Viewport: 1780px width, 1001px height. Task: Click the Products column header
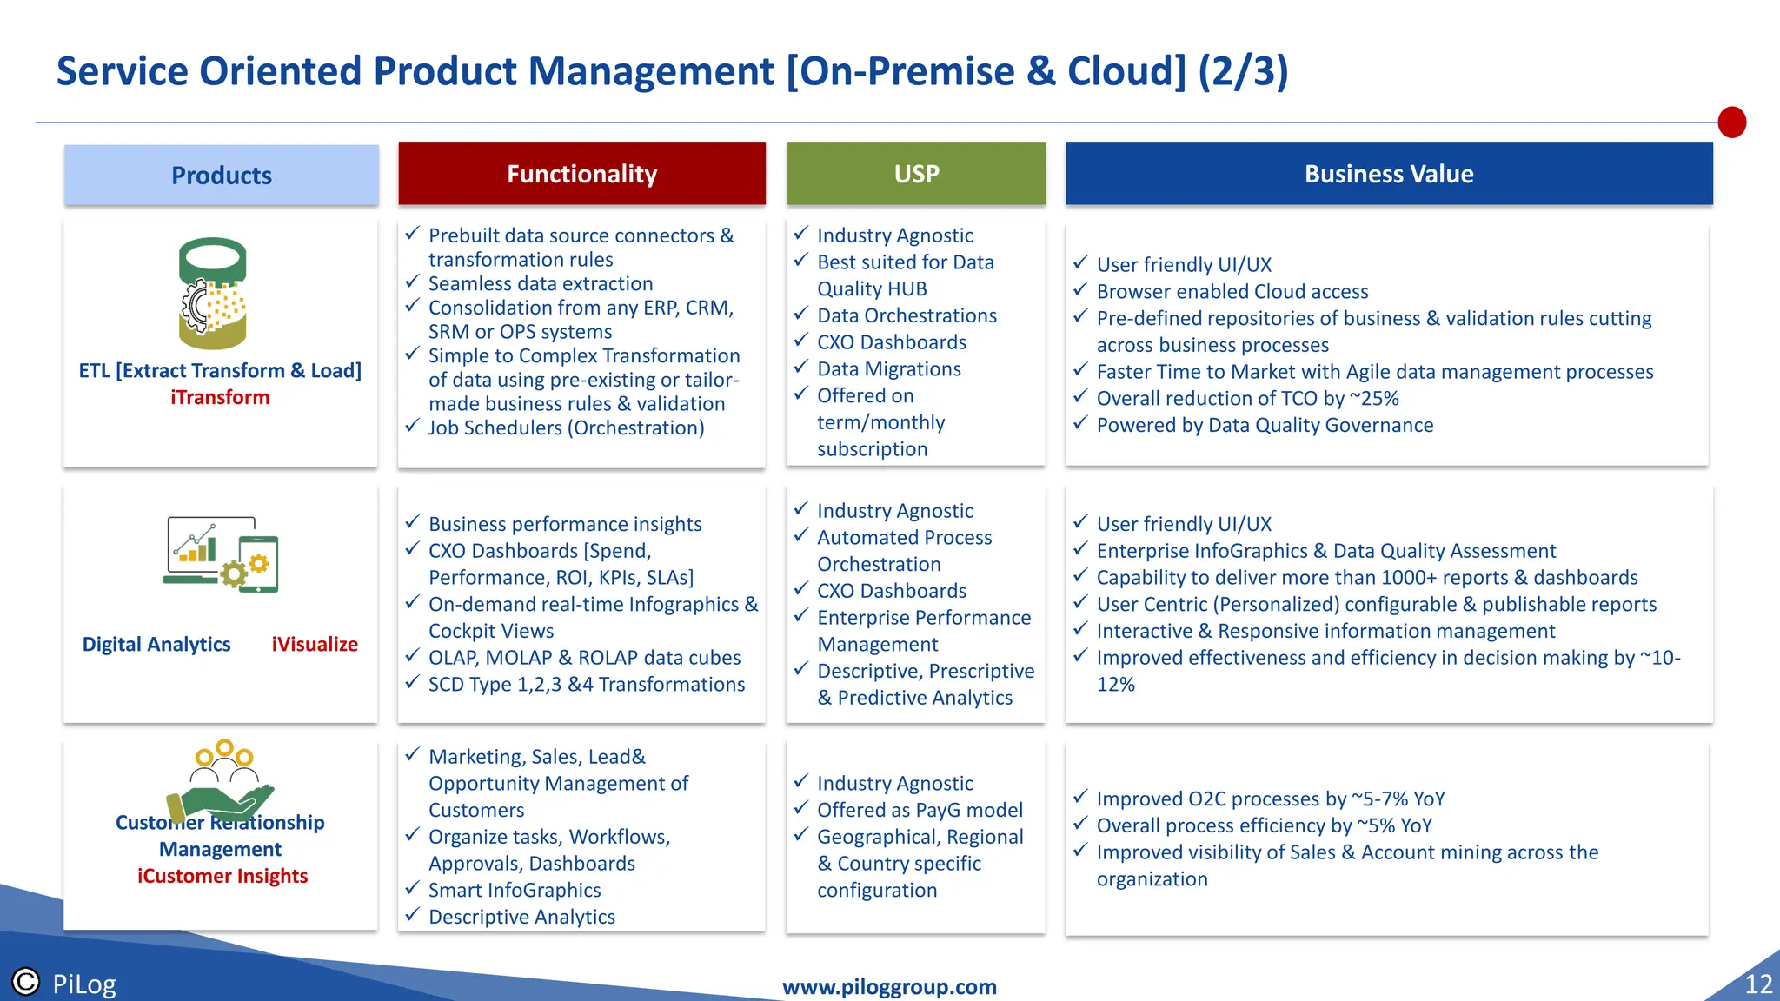[221, 176]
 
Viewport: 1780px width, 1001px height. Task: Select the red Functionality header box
[581, 174]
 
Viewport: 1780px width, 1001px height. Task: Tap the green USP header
[916, 174]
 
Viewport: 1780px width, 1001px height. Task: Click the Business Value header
[1388, 174]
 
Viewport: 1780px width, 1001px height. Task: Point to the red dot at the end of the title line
[1731, 123]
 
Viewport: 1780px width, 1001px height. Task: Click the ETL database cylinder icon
[213, 293]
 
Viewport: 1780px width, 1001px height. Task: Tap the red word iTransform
[220, 398]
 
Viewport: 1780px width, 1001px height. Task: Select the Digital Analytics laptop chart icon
[221, 554]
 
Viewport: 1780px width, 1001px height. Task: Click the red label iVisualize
[315, 645]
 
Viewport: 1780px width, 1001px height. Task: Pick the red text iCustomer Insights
[222, 876]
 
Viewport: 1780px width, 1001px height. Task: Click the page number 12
[1758, 984]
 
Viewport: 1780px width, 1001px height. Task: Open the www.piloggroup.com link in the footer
[889, 987]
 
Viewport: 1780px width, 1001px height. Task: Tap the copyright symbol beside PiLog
[26, 982]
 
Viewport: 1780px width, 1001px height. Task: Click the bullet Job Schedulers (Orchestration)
[566, 428]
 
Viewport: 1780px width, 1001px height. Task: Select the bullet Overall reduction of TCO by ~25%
[1247, 399]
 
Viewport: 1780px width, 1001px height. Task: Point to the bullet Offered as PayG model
[920, 810]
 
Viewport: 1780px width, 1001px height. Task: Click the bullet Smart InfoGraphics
[515, 891]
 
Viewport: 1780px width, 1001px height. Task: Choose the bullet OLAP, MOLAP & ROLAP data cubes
[584, 658]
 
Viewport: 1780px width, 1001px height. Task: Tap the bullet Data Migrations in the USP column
[888, 369]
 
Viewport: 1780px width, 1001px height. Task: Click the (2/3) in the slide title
[1243, 71]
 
